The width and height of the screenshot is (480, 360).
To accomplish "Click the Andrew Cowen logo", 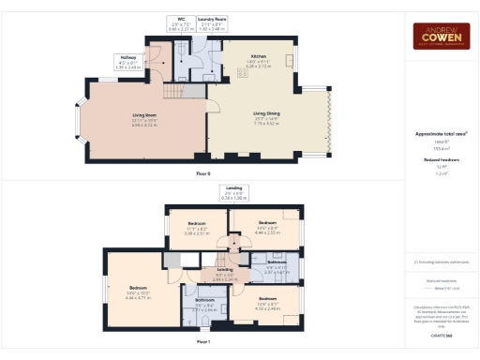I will [442, 36].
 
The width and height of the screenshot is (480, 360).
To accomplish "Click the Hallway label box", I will [127, 63].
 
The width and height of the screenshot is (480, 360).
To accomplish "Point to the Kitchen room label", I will [258, 62].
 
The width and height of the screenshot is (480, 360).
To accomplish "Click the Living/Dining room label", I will [266, 117].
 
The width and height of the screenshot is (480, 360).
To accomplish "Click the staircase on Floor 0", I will [177, 91].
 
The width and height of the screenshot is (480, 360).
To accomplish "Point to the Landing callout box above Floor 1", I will [232, 195].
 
